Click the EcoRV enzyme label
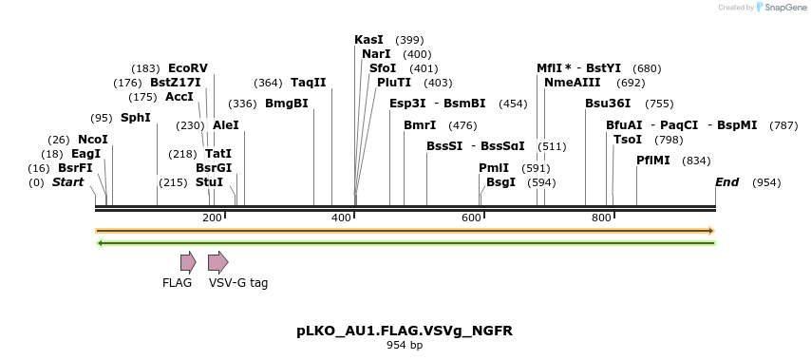(x=187, y=68)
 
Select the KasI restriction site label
(x=368, y=40)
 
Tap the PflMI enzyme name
(x=653, y=161)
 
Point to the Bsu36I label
(x=608, y=104)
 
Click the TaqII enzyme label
(x=308, y=83)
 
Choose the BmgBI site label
(x=286, y=104)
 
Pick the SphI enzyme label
(x=136, y=118)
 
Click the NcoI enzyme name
(x=93, y=140)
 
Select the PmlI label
(x=494, y=168)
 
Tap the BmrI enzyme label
(x=420, y=125)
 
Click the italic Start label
(x=67, y=182)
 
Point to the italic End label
(x=726, y=182)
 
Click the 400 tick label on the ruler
(x=341, y=218)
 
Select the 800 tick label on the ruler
(x=600, y=218)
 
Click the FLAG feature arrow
(x=188, y=262)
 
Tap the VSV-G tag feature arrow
(x=218, y=262)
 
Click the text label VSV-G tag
(x=238, y=283)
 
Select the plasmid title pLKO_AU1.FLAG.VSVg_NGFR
(x=405, y=331)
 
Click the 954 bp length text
(x=405, y=346)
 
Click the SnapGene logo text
(x=782, y=8)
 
